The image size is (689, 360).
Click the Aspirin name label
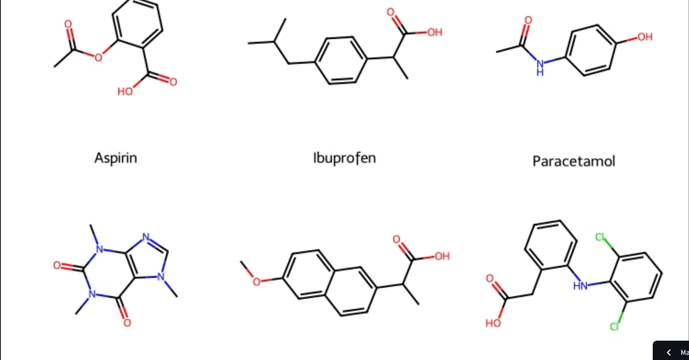(116, 158)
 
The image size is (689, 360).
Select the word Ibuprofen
(344, 158)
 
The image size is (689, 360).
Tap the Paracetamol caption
(574, 161)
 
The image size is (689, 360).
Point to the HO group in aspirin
(125, 92)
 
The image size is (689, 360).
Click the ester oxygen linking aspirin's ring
(98, 57)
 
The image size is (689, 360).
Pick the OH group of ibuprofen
(435, 33)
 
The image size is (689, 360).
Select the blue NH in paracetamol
(540, 68)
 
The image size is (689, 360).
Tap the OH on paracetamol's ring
(645, 37)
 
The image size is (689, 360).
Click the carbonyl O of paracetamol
(528, 20)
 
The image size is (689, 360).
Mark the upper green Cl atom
(600, 237)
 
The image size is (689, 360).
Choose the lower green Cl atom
(615, 327)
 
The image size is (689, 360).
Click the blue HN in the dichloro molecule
(580, 286)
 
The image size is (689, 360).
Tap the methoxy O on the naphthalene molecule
(256, 282)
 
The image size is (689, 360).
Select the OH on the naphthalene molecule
(442, 256)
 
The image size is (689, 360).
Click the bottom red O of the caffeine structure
(127, 323)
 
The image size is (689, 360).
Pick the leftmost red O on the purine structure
(57, 265)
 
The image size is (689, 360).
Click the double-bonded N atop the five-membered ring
(146, 237)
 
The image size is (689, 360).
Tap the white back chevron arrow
(669, 352)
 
